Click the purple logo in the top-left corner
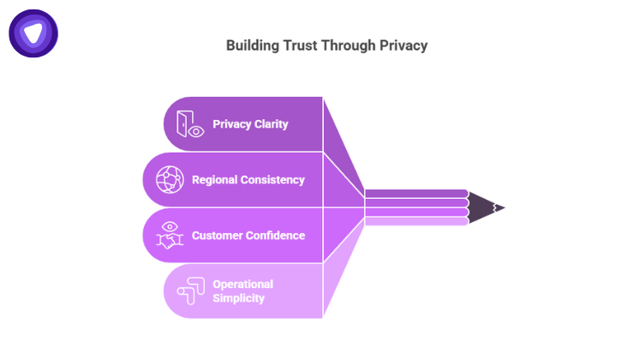coord(33,33)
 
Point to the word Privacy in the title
coord(402,45)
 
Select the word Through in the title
coord(348,45)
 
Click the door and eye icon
coord(189,124)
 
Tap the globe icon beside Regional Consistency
coord(169,180)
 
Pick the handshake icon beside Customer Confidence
coord(169,235)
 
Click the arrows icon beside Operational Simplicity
coord(189,291)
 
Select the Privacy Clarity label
coord(250,124)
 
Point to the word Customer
coord(218,235)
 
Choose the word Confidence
coord(277,235)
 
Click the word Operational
coord(242,284)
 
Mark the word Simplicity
coord(239,298)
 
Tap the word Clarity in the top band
coord(271,124)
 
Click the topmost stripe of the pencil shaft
coord(416,194)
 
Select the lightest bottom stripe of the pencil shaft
coord(416,221)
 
